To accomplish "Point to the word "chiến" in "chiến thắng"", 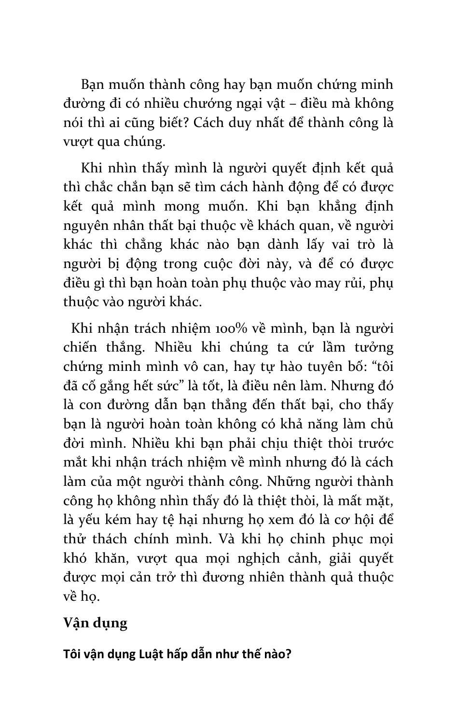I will [81, 347].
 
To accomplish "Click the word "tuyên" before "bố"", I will [328, 367].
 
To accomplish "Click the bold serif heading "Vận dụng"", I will [96, 623].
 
